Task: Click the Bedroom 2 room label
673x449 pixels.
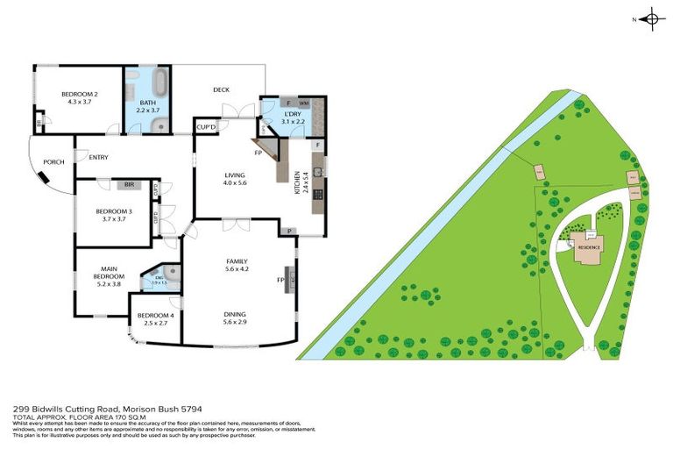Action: coord(78,95)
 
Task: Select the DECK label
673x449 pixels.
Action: coord(221,89)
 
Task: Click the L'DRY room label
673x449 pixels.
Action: coord(292,114)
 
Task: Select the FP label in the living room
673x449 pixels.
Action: coord(259,153)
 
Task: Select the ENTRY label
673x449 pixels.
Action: coord(98,158)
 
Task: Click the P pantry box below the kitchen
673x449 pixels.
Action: coord(289,231)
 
